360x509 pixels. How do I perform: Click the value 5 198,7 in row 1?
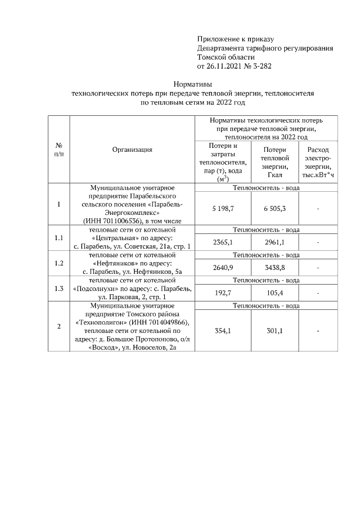click(223, 209)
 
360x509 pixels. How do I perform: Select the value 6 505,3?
click(274, 209)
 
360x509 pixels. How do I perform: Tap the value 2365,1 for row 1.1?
click(223, 242)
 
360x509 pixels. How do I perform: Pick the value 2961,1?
click(274, 242)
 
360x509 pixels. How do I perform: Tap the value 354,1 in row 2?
click(223, 331)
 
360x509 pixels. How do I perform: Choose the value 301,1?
click(274, 331)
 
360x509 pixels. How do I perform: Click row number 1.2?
click(58, 263)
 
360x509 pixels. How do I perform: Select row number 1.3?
click(58, 289)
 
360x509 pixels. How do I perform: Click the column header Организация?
click(132, 150)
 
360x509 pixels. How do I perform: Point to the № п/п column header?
click(58, 150)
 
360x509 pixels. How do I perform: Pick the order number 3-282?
click(263, 66)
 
